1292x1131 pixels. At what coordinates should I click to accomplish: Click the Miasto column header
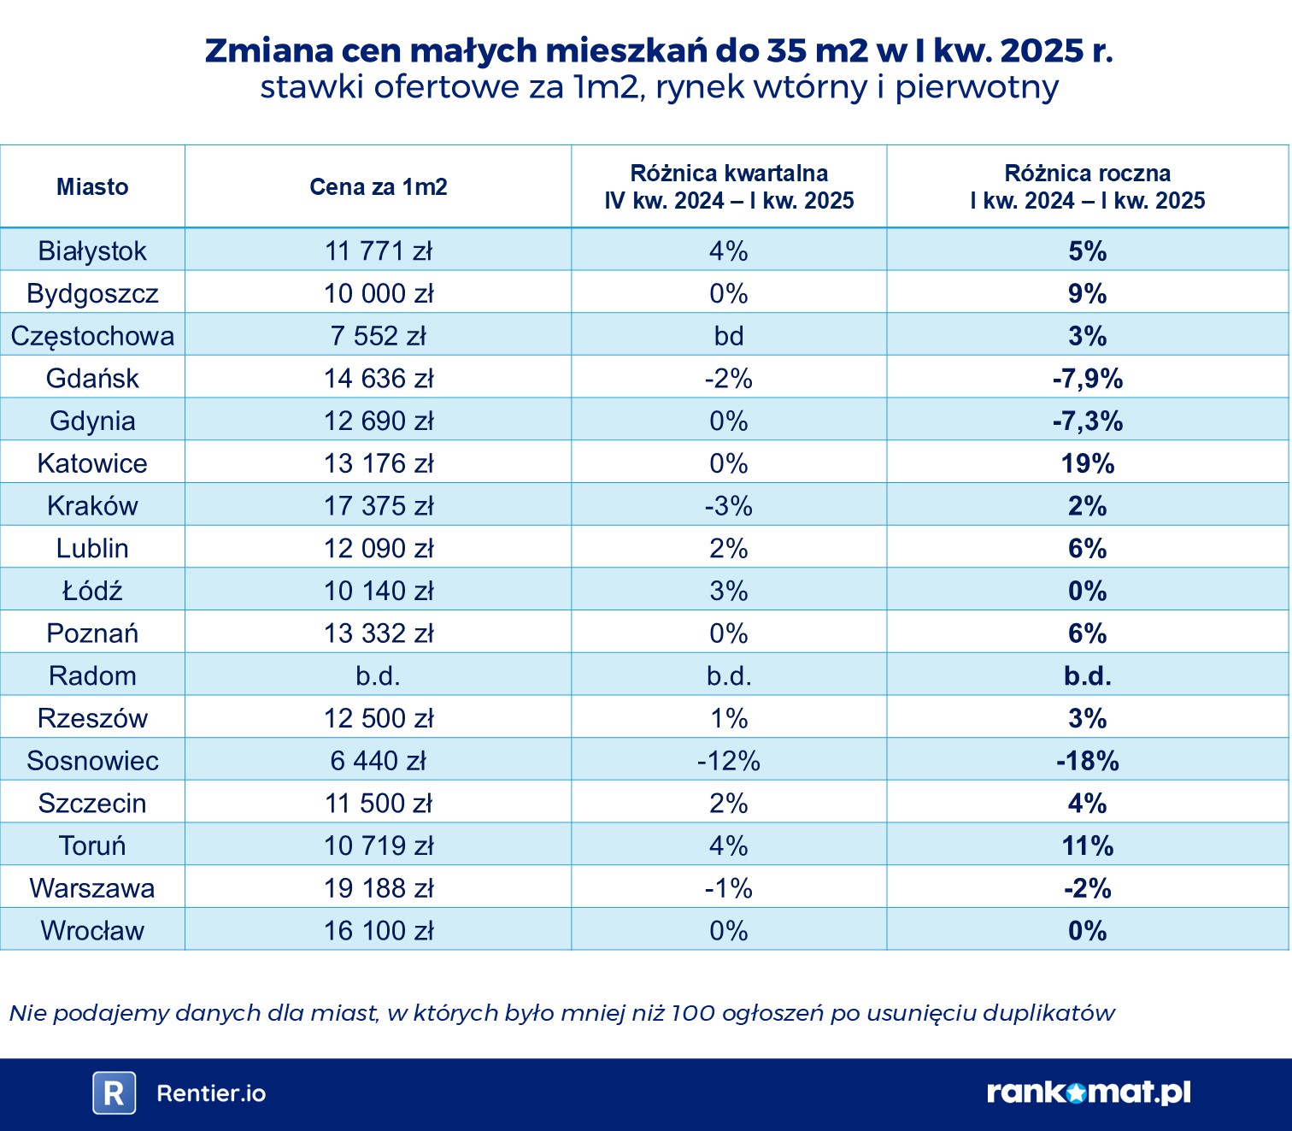click(92, 187)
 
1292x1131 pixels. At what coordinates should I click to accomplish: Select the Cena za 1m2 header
click(378, 187)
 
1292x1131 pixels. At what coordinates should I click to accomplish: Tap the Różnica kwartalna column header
click(729, 186)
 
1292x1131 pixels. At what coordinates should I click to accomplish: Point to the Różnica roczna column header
click(1087, 186)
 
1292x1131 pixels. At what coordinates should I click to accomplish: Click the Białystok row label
click(92, 250)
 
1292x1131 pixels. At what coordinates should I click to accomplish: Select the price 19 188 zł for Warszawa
click(378, 888)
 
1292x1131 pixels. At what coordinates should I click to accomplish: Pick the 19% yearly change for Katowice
click(1087, 463)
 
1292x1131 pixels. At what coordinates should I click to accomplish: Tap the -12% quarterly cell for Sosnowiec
click(729, 761)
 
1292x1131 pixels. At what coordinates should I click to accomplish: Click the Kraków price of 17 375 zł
click(378, 506)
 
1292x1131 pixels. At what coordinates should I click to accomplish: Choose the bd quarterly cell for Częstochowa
click(729, 336)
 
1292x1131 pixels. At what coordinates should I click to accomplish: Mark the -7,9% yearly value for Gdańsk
click(1087, 379)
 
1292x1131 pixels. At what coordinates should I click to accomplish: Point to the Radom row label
click(92, 676)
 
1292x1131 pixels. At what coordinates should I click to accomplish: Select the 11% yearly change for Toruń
click(1087, 846)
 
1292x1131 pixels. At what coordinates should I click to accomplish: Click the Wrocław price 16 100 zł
click(378, 931)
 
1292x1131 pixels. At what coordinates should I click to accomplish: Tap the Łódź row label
click(92, 591)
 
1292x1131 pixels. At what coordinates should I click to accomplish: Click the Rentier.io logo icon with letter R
click(114, 1093)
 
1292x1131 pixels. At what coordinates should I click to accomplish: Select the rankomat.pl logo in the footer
click(1088, 1092)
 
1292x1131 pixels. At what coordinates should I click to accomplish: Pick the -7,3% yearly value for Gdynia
click(1087, 421)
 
